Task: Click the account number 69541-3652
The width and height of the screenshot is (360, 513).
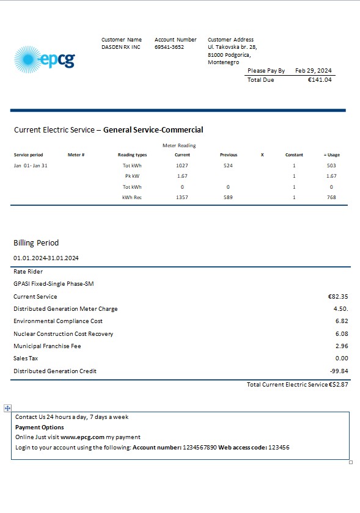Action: coord(169,47)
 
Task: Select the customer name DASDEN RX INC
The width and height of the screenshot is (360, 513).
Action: coord(121,47)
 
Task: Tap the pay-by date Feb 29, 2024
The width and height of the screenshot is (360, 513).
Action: coord(314,71)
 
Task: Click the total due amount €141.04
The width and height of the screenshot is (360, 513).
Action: coord(320,80)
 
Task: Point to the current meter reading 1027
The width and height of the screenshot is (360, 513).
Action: coord(182,166)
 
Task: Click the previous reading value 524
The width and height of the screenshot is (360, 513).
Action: coord(228,166)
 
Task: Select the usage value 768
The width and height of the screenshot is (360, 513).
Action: coord(331,197)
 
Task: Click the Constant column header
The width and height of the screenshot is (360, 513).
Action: coord(294,155)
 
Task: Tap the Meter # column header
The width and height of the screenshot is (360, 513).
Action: coord(76,155)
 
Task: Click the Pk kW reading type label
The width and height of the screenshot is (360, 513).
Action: coord(132,176)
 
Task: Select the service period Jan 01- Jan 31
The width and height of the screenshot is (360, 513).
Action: coord(31,166)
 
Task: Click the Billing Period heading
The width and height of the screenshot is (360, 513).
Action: coord(36,243)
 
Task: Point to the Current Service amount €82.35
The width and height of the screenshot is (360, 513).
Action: coord(338,296)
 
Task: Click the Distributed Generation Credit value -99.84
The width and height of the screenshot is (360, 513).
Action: coord(339,371)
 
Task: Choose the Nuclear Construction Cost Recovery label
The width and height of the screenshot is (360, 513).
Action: coord(63,333)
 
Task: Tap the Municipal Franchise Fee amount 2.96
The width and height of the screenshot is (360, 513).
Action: coord(342,346)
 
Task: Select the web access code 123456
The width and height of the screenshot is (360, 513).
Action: coord(279,448)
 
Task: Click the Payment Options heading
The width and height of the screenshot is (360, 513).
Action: coord(39,428)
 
